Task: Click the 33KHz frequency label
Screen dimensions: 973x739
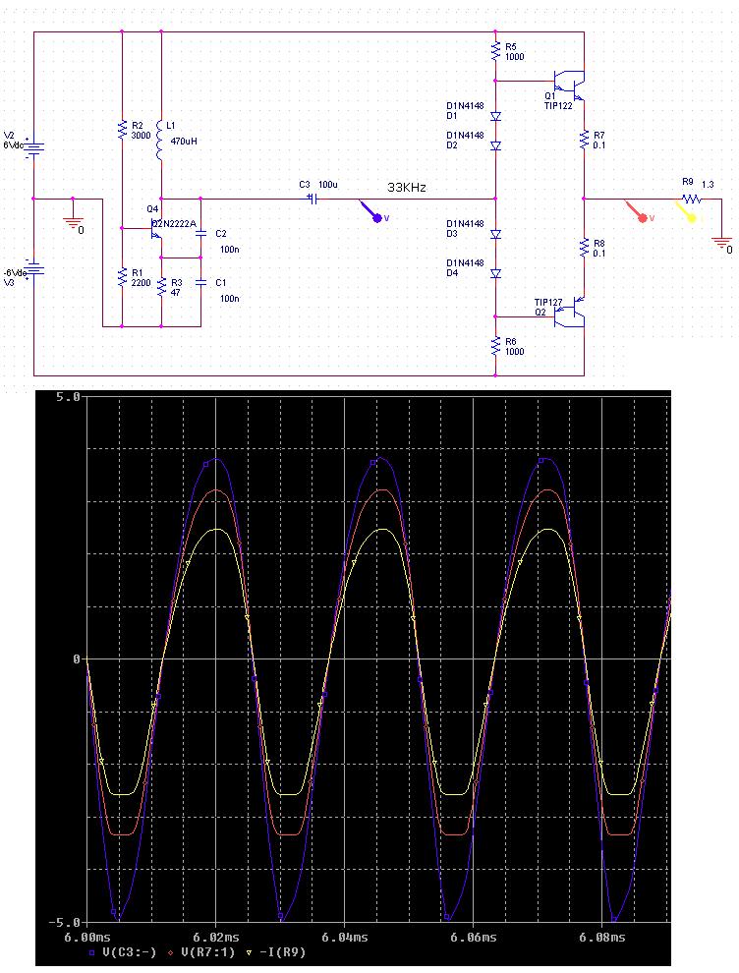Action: coord(407,187)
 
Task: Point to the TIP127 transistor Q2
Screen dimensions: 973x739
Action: coord(570,315)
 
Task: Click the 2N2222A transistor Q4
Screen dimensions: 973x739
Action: coord(154,231)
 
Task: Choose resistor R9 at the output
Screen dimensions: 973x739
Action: coord(692,198)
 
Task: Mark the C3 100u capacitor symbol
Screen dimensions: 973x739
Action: coord(313,198)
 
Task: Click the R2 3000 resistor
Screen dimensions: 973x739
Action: coord(122,130)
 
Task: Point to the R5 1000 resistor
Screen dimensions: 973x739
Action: coord(495,50)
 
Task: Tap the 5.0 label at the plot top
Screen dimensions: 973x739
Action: coord(67,397)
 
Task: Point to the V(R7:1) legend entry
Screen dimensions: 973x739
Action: coord(211,953)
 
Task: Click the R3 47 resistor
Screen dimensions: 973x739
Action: coord(161,286)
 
